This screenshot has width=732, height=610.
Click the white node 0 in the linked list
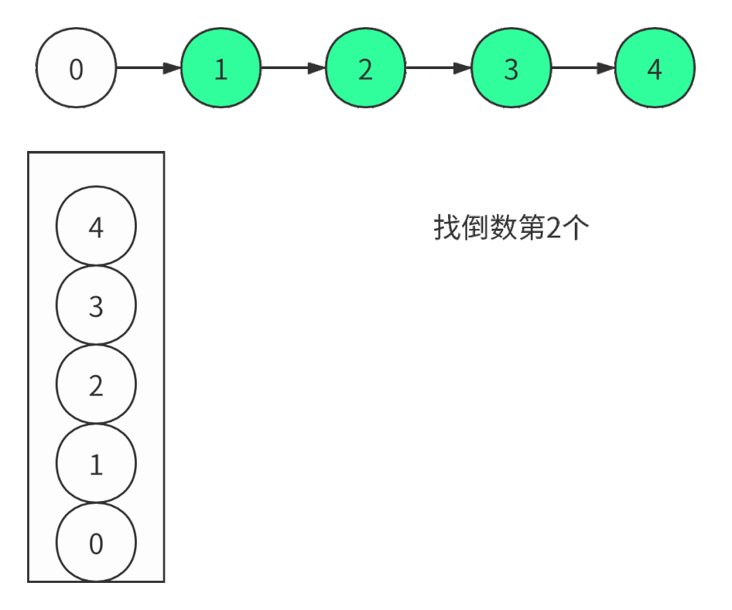click(x=76, y=68)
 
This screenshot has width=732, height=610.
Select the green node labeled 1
click(x=221, y=68)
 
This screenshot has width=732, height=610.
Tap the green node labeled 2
click(x=365, y=68)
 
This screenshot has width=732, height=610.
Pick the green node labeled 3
click(x=510, y=68)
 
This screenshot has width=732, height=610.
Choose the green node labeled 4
click(x=655, y=68)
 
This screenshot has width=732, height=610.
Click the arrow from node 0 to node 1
click(x=148, y=68)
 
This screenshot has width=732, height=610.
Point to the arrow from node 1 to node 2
click(x=293, y=68)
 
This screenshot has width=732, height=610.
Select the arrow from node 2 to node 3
click(x=438, y=68)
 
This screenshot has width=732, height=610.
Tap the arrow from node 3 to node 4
click(x=583, y=68)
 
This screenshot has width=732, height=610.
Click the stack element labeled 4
click(x=96, y=226)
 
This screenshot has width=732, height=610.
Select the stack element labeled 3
click(x=96, y=306)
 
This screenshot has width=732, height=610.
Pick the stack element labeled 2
click(x=96, y=385)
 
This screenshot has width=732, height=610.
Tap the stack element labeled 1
click(x=96, y=464)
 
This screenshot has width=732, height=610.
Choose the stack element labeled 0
click(x=96, y=543)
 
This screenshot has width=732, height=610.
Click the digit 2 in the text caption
click(x=554, y=229)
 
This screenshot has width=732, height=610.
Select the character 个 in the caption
click(x=576, y=229)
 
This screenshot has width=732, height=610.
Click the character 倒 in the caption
click(x=475, y=229)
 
